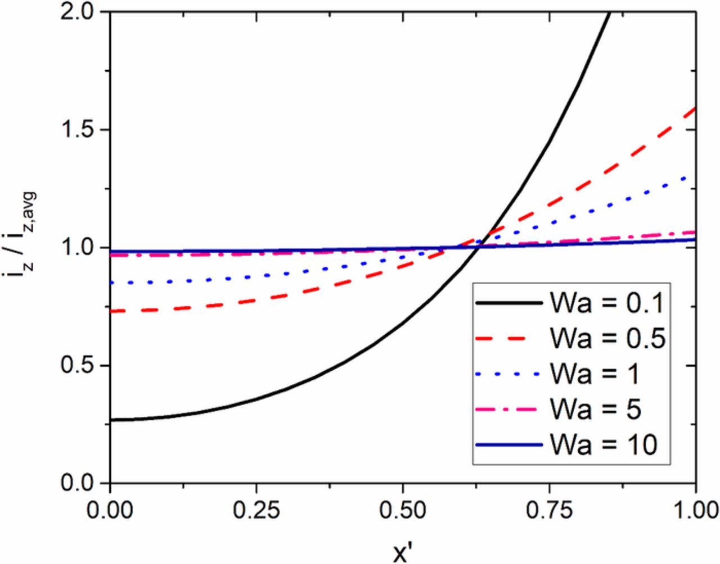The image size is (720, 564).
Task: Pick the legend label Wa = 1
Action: pyautogui.click(x=594, y=374)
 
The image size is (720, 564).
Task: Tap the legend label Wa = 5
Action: pyautogui.click(x=595, y=410)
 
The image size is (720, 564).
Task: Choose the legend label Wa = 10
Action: pyautogui.click(x=603, y=445)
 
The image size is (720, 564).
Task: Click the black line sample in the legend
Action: pyautogui.click(x=508, y=303)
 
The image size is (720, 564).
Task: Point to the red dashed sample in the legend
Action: pyautogui.click(x=508, y=339)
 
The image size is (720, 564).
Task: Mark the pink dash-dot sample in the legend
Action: pyautogui.click(x=508, y=410)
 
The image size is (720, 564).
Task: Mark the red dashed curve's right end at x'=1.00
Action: pyautogui.click(x=695, y=107)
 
